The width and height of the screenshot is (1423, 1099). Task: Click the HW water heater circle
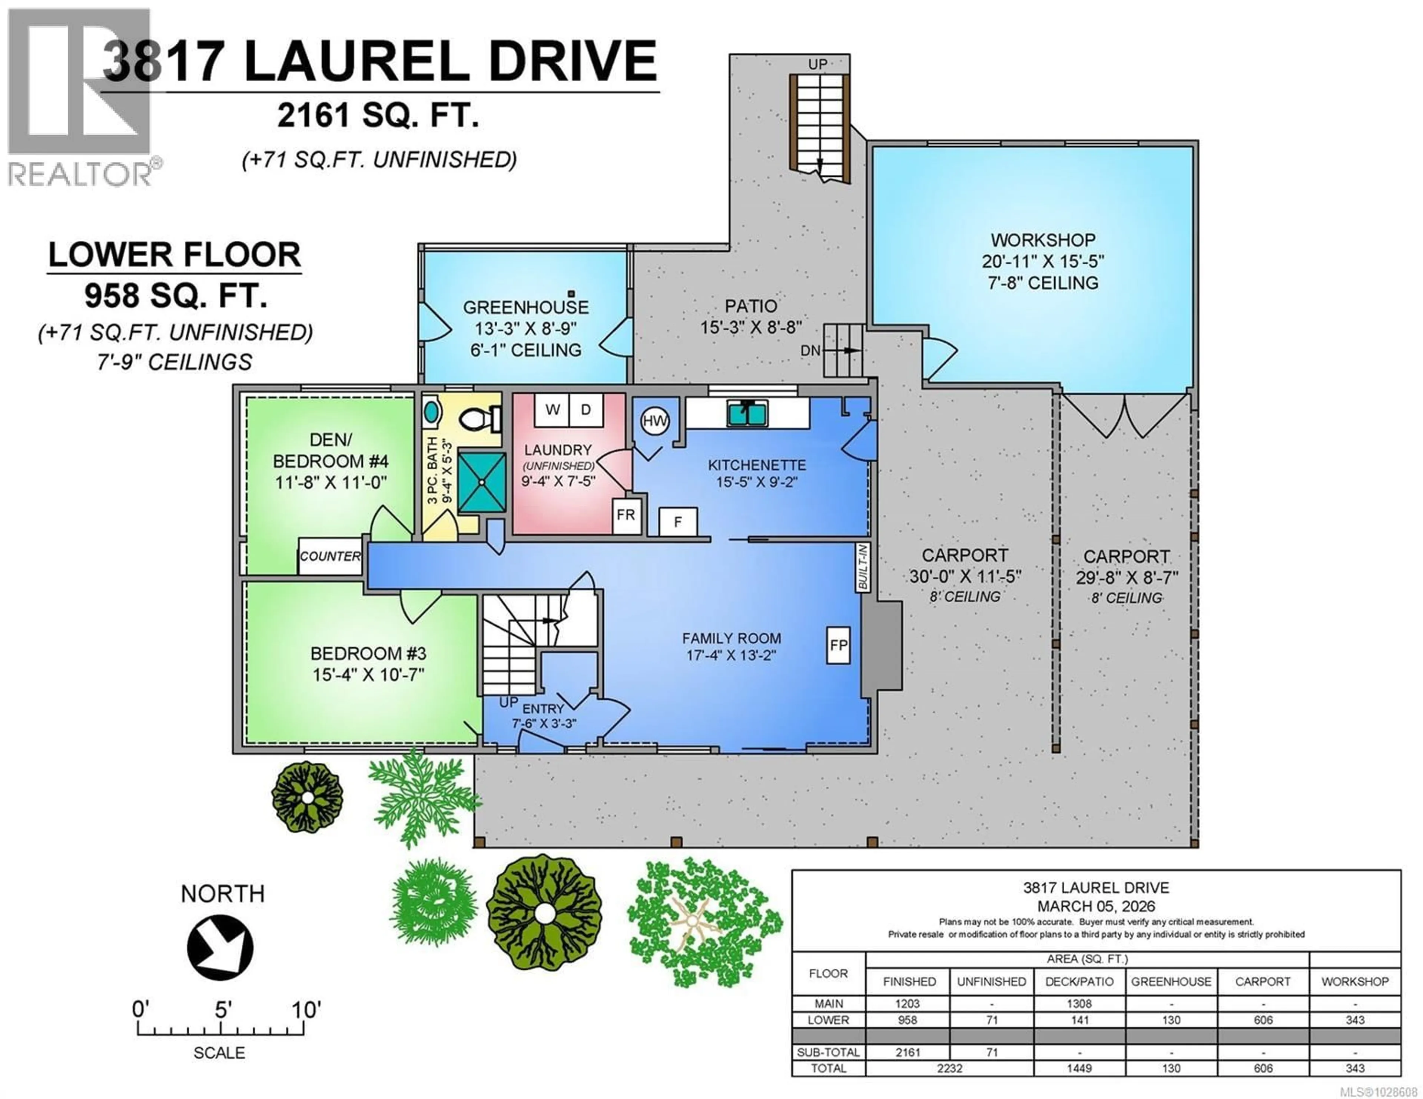point(655,421)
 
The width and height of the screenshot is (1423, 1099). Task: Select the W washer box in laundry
point(553,410)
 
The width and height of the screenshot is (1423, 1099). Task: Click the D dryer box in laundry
point(586,410)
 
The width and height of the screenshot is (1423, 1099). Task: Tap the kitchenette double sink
point(747,413)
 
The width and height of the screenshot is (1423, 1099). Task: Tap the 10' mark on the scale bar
point(304,1010)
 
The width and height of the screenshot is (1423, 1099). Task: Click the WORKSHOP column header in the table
point(1354,982)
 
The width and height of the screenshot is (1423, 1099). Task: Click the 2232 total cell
point(949,1068)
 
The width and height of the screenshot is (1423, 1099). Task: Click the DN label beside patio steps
point(810,350)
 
